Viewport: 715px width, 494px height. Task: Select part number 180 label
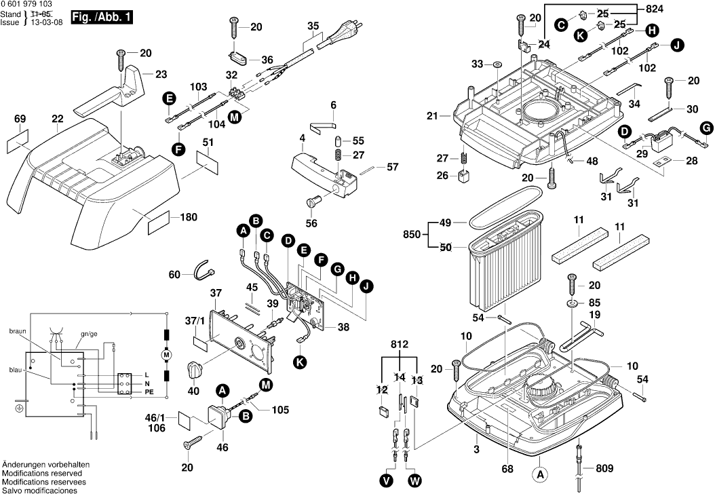(x=189, y=218)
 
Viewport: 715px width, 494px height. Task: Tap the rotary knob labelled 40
(x=195, y=370)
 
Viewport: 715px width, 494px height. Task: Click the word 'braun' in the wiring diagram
(x=17, y=331)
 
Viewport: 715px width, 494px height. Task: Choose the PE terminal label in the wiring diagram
(x=149, y=393)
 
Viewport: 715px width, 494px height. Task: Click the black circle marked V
(x=387, y=480)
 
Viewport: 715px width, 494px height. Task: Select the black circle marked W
(x=414, y=480)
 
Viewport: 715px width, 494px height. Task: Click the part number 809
(x=604, y=468)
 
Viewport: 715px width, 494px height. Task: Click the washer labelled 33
(x=497, y=65)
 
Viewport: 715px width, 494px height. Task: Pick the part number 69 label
(x=20, y=119)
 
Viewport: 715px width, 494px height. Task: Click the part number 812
(x=400, y=345)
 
